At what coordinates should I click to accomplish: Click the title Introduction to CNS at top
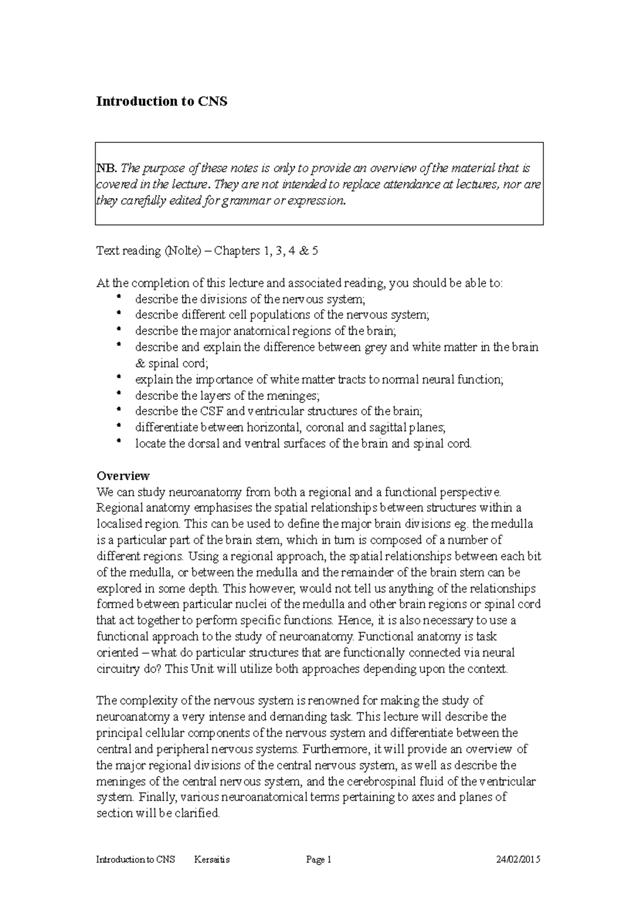click(x=161, y=101)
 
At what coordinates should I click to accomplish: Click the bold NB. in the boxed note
click(x=106, y=168)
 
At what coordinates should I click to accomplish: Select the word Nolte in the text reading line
click(x=181, y=251)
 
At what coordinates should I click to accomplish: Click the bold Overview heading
click(x=123, y=475)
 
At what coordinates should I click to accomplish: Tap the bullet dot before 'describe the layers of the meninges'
click(x=119, y=394)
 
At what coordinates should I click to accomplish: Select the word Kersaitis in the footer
click(x=212, y=860)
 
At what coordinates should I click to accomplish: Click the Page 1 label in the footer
click(x=319, y=860)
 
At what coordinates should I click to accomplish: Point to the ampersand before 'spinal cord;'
click(x=140, y=364)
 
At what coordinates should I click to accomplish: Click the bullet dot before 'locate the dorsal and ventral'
click(x=119, y=442)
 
